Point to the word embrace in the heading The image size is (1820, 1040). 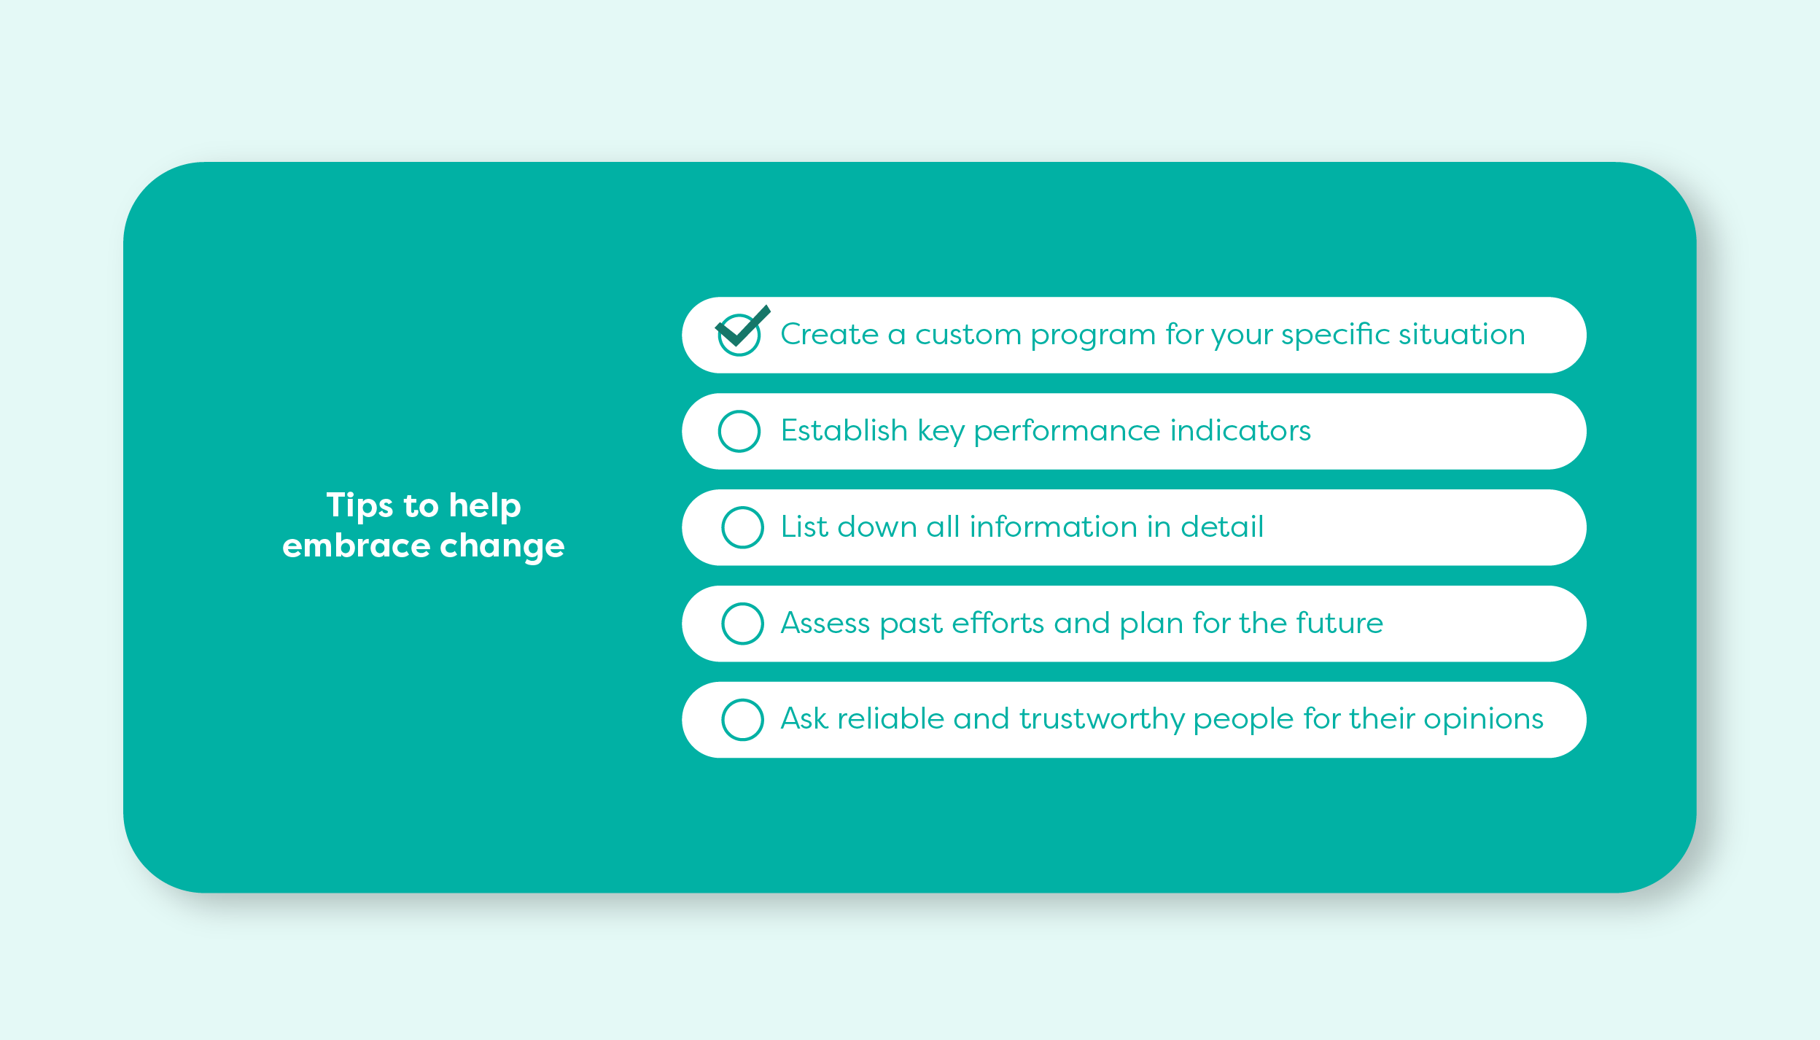(x=356, y=546)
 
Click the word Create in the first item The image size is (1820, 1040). (x=829, y=334)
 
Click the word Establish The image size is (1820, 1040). (x=844, y=430)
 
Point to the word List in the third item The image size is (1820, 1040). (x=804, y=527)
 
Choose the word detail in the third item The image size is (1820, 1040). (x=1222, y=526)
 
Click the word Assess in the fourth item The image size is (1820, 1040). (x=825, y=624)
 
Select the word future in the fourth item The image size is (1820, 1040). (x=1340, y=623)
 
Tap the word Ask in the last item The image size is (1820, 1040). (x=804, y=718)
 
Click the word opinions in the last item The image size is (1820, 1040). (x=1483, y=720)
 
